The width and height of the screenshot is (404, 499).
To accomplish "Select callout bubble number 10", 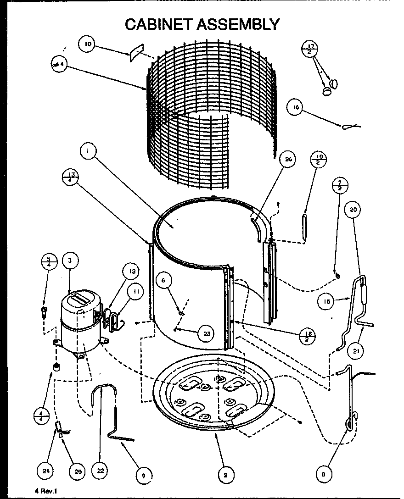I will point(87,44).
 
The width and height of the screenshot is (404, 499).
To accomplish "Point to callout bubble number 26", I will point(288,160).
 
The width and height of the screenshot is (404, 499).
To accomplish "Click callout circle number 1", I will point(88,150).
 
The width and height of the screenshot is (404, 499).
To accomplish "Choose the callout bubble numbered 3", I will point(69,261).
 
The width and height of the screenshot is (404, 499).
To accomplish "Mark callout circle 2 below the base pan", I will point(225,475).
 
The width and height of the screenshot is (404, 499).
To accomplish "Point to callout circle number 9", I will point(143,476).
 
